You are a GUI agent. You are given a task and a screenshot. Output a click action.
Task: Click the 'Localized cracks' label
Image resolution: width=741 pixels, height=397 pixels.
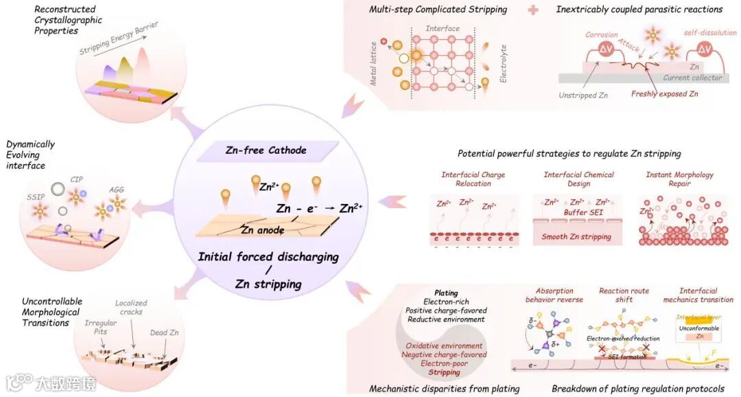pos(130,308)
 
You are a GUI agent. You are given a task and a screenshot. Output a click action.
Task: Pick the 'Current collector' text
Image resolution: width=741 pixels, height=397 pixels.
pos(692,78)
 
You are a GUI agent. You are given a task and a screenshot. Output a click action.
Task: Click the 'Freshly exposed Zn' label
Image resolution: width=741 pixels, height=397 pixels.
pos(664,94)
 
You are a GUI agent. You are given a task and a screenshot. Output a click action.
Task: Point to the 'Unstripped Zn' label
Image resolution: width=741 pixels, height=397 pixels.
pos(583,95)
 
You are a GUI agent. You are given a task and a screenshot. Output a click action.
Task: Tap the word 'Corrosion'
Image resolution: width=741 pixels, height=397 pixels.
pos(601,34)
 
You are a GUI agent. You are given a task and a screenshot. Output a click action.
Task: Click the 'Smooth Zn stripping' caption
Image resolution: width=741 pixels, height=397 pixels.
pos(577,237)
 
